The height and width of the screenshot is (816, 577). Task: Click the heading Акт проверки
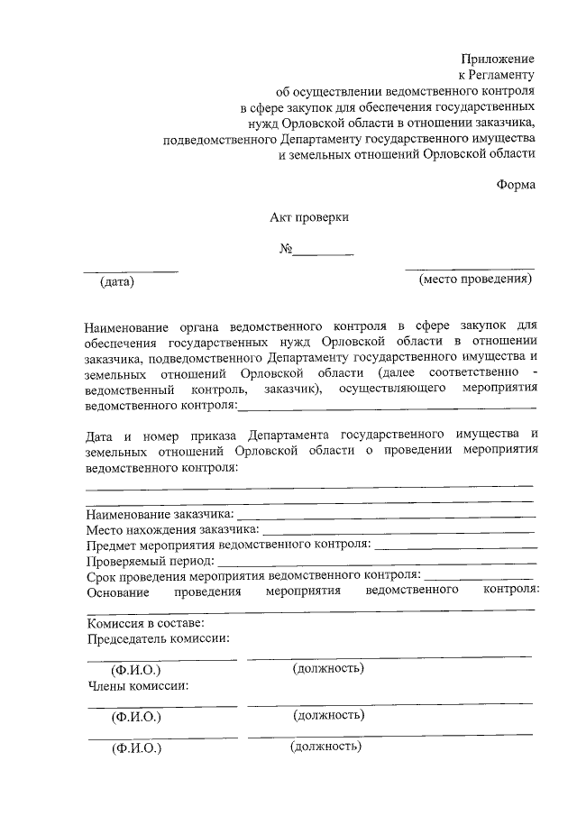[x=309, y=217]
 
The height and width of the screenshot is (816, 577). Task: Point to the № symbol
[x=286, y=250]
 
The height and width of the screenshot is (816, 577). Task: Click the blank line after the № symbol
[x=324, y=254]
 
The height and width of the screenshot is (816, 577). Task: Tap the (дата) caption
[x=117, y=282]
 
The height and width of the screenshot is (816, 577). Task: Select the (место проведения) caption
[x=475, y=280]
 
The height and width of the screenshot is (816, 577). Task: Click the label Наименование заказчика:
[x=160, y=513]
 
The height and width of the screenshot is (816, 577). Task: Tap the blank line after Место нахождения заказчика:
[x=398, y=532]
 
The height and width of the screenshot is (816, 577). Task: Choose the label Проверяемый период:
[x=148, y=559]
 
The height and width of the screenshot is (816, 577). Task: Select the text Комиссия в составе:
[x=145, y=622]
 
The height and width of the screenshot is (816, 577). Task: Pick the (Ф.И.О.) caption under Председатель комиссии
[x=135, y=671]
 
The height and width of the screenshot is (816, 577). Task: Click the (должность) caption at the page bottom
[x=325, y=747]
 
